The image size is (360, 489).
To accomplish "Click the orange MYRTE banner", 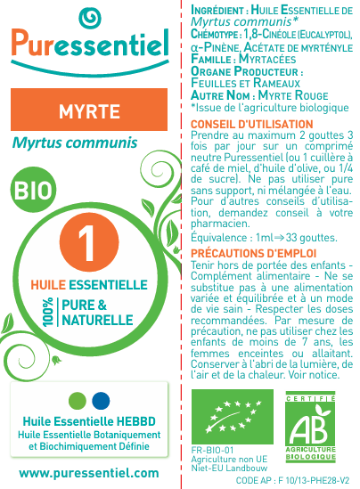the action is click(x=89, y=110).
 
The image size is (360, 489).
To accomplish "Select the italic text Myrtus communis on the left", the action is click(x=75, y=143).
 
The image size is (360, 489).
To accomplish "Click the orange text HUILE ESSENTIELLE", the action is click(x=88, y=284).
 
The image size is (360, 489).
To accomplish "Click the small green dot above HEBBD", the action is click(x=78, y=398).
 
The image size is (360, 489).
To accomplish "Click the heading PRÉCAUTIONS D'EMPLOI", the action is click(x=243, y=253).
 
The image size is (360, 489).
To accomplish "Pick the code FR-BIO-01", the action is click(x=212, y=451).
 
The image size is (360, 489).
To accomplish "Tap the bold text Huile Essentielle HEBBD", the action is click(x=88, y=421).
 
